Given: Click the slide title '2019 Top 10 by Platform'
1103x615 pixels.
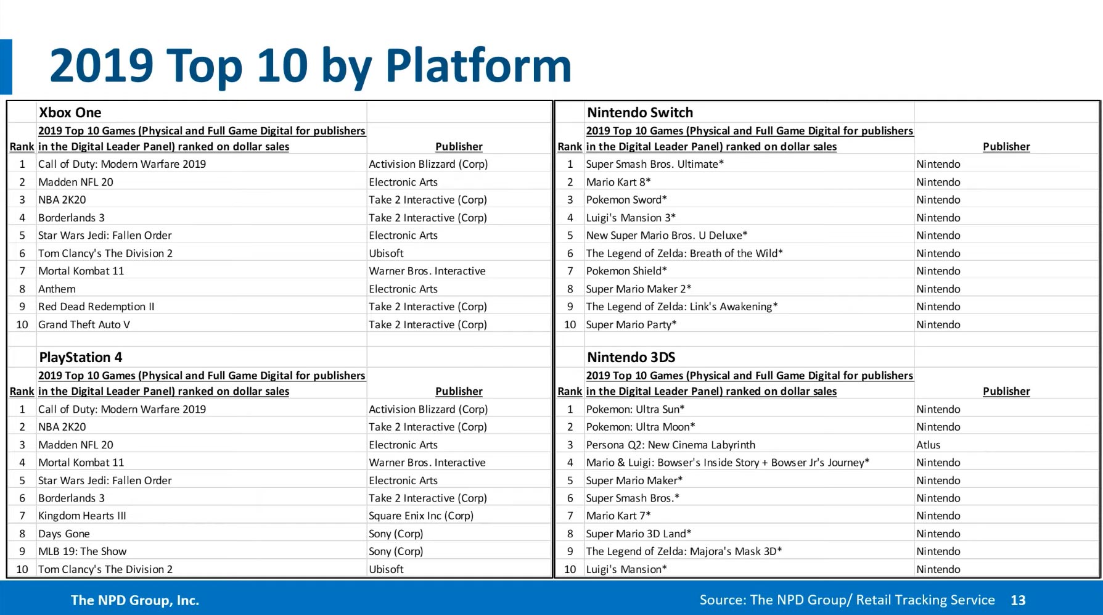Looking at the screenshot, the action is (310, 66).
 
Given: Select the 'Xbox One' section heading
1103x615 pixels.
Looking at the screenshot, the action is (70, 112).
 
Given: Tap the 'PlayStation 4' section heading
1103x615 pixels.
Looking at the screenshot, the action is (80, 357).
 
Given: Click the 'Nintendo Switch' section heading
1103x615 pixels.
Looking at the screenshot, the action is (639, 112).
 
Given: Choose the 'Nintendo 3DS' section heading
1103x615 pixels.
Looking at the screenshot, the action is (631, 357).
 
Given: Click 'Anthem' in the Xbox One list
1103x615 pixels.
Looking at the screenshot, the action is (57, 289).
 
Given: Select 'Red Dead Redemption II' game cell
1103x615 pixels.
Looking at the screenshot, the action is (96, 307).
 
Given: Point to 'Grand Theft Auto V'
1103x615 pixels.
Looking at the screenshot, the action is (84, 324).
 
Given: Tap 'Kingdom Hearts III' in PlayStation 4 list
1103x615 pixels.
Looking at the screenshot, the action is (82, 516).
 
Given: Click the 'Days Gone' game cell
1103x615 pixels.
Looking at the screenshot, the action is (64, 534).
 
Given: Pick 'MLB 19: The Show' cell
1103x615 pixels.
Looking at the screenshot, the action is (82, 551).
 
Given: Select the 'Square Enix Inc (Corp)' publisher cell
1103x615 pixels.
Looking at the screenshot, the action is (421, 516).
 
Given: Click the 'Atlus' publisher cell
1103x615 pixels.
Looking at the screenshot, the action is (928, 445).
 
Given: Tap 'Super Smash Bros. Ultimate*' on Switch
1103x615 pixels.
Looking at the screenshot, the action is (655, 164).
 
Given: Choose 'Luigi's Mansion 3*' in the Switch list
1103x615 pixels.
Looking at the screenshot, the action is (631, 218).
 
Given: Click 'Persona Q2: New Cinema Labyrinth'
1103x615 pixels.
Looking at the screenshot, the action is (670, 445).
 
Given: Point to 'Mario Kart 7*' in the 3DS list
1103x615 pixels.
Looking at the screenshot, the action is (618, 516).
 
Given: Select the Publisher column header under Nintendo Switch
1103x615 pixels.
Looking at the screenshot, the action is (1006, 147).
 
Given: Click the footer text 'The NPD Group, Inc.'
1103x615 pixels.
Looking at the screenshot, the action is (135, 600).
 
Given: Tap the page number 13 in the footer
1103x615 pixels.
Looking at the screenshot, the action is (1018, 600).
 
